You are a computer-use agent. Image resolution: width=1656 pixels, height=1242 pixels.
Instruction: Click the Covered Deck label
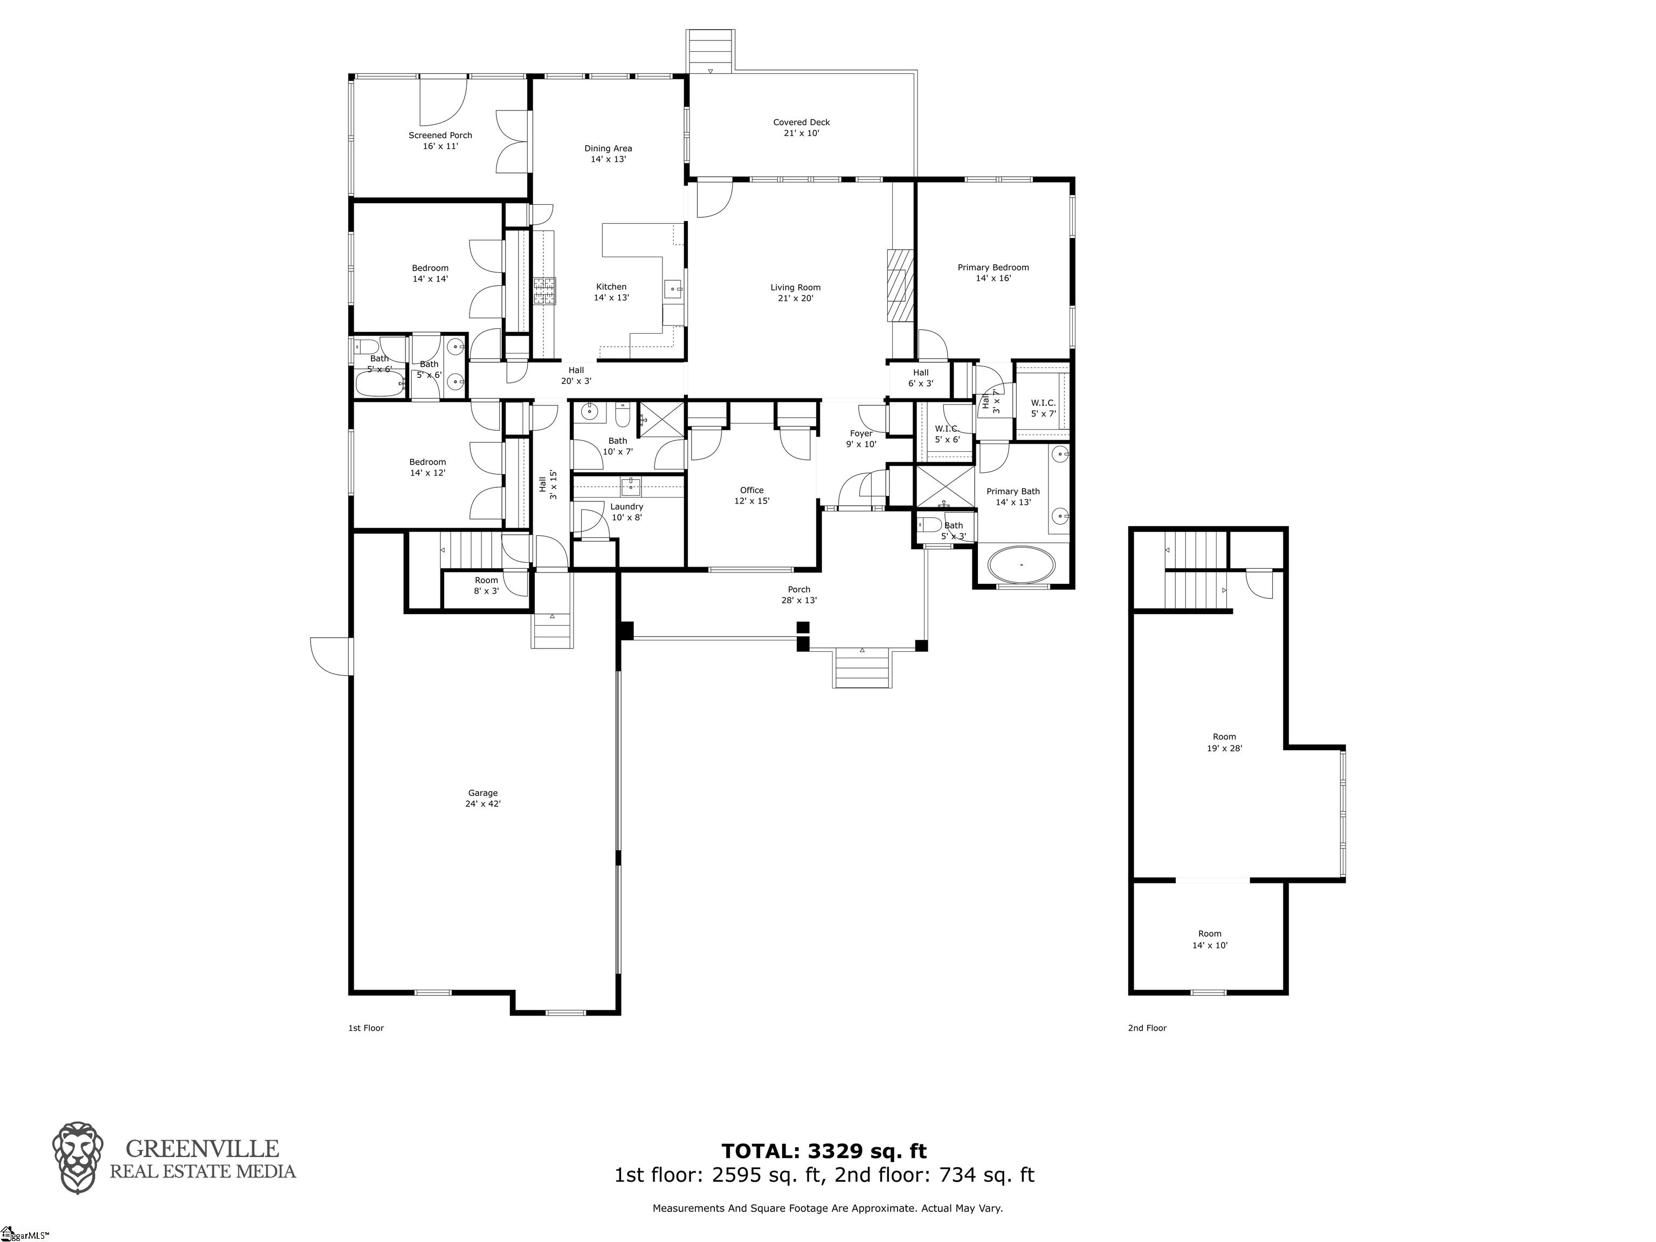point(801,127)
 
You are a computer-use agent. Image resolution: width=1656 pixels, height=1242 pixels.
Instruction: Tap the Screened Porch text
point(440,141)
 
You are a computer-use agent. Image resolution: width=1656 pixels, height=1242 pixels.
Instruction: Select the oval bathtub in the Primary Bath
point(1021,564)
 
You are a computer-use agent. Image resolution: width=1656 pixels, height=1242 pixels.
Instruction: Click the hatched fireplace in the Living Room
point(900,285)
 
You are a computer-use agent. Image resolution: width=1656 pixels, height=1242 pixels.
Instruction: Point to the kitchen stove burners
point(545,291)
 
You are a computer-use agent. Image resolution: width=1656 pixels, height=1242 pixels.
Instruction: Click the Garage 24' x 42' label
point(483,798)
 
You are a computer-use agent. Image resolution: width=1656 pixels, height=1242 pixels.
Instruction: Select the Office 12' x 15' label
point(751,495)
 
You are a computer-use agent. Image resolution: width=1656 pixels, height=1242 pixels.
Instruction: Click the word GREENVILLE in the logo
point(202,1148)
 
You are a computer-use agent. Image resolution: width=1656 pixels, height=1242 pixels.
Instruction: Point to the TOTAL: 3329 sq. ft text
point(824,1151)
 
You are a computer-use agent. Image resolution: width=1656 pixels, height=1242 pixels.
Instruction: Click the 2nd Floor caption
point(1147,1028)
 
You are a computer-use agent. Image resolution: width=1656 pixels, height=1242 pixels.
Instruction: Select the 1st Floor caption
point(366,1028)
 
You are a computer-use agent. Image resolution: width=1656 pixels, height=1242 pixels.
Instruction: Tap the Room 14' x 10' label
point(1210,939)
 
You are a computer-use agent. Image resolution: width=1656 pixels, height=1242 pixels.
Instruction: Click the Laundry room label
point(626,512)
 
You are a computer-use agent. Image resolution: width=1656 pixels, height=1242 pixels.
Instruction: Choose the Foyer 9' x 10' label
point(861,439)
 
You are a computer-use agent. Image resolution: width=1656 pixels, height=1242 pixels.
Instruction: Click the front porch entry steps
point(861,668)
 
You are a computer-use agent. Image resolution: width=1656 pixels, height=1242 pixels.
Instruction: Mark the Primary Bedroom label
point(993,273)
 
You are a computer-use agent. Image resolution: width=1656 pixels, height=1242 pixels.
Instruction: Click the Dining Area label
point(608,154)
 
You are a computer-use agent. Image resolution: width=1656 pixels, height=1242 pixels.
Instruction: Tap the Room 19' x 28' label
point(1224,742)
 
